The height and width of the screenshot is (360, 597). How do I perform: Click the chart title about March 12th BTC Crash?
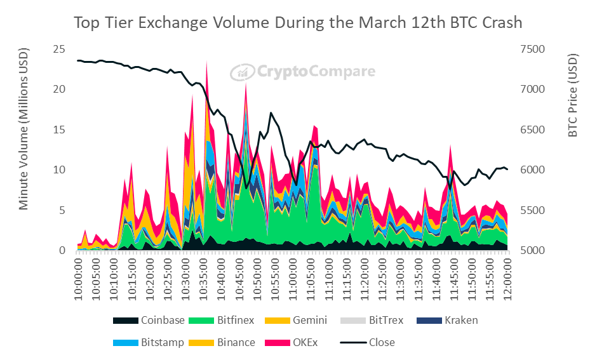pyautogui.click(x=298, y=23)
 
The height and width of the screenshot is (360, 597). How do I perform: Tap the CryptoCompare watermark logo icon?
pyautogui.click(x=241, y=72)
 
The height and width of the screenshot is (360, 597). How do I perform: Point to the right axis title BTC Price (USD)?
pyautogui.click(x=573, y=96)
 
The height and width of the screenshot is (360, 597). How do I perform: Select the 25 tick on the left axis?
pyautogui.click(x=58, y=49)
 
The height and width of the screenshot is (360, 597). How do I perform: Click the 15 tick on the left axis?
pyautogui.click(x=58, y=130)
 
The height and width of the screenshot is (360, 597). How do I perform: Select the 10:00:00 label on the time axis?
pyautogui.click(x=79, y=277)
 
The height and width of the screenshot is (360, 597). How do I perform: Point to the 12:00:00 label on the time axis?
pyautogui.click(x=507, y=277)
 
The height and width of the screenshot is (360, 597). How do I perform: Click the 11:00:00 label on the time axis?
pyautogui.click(x=293, y=277)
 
